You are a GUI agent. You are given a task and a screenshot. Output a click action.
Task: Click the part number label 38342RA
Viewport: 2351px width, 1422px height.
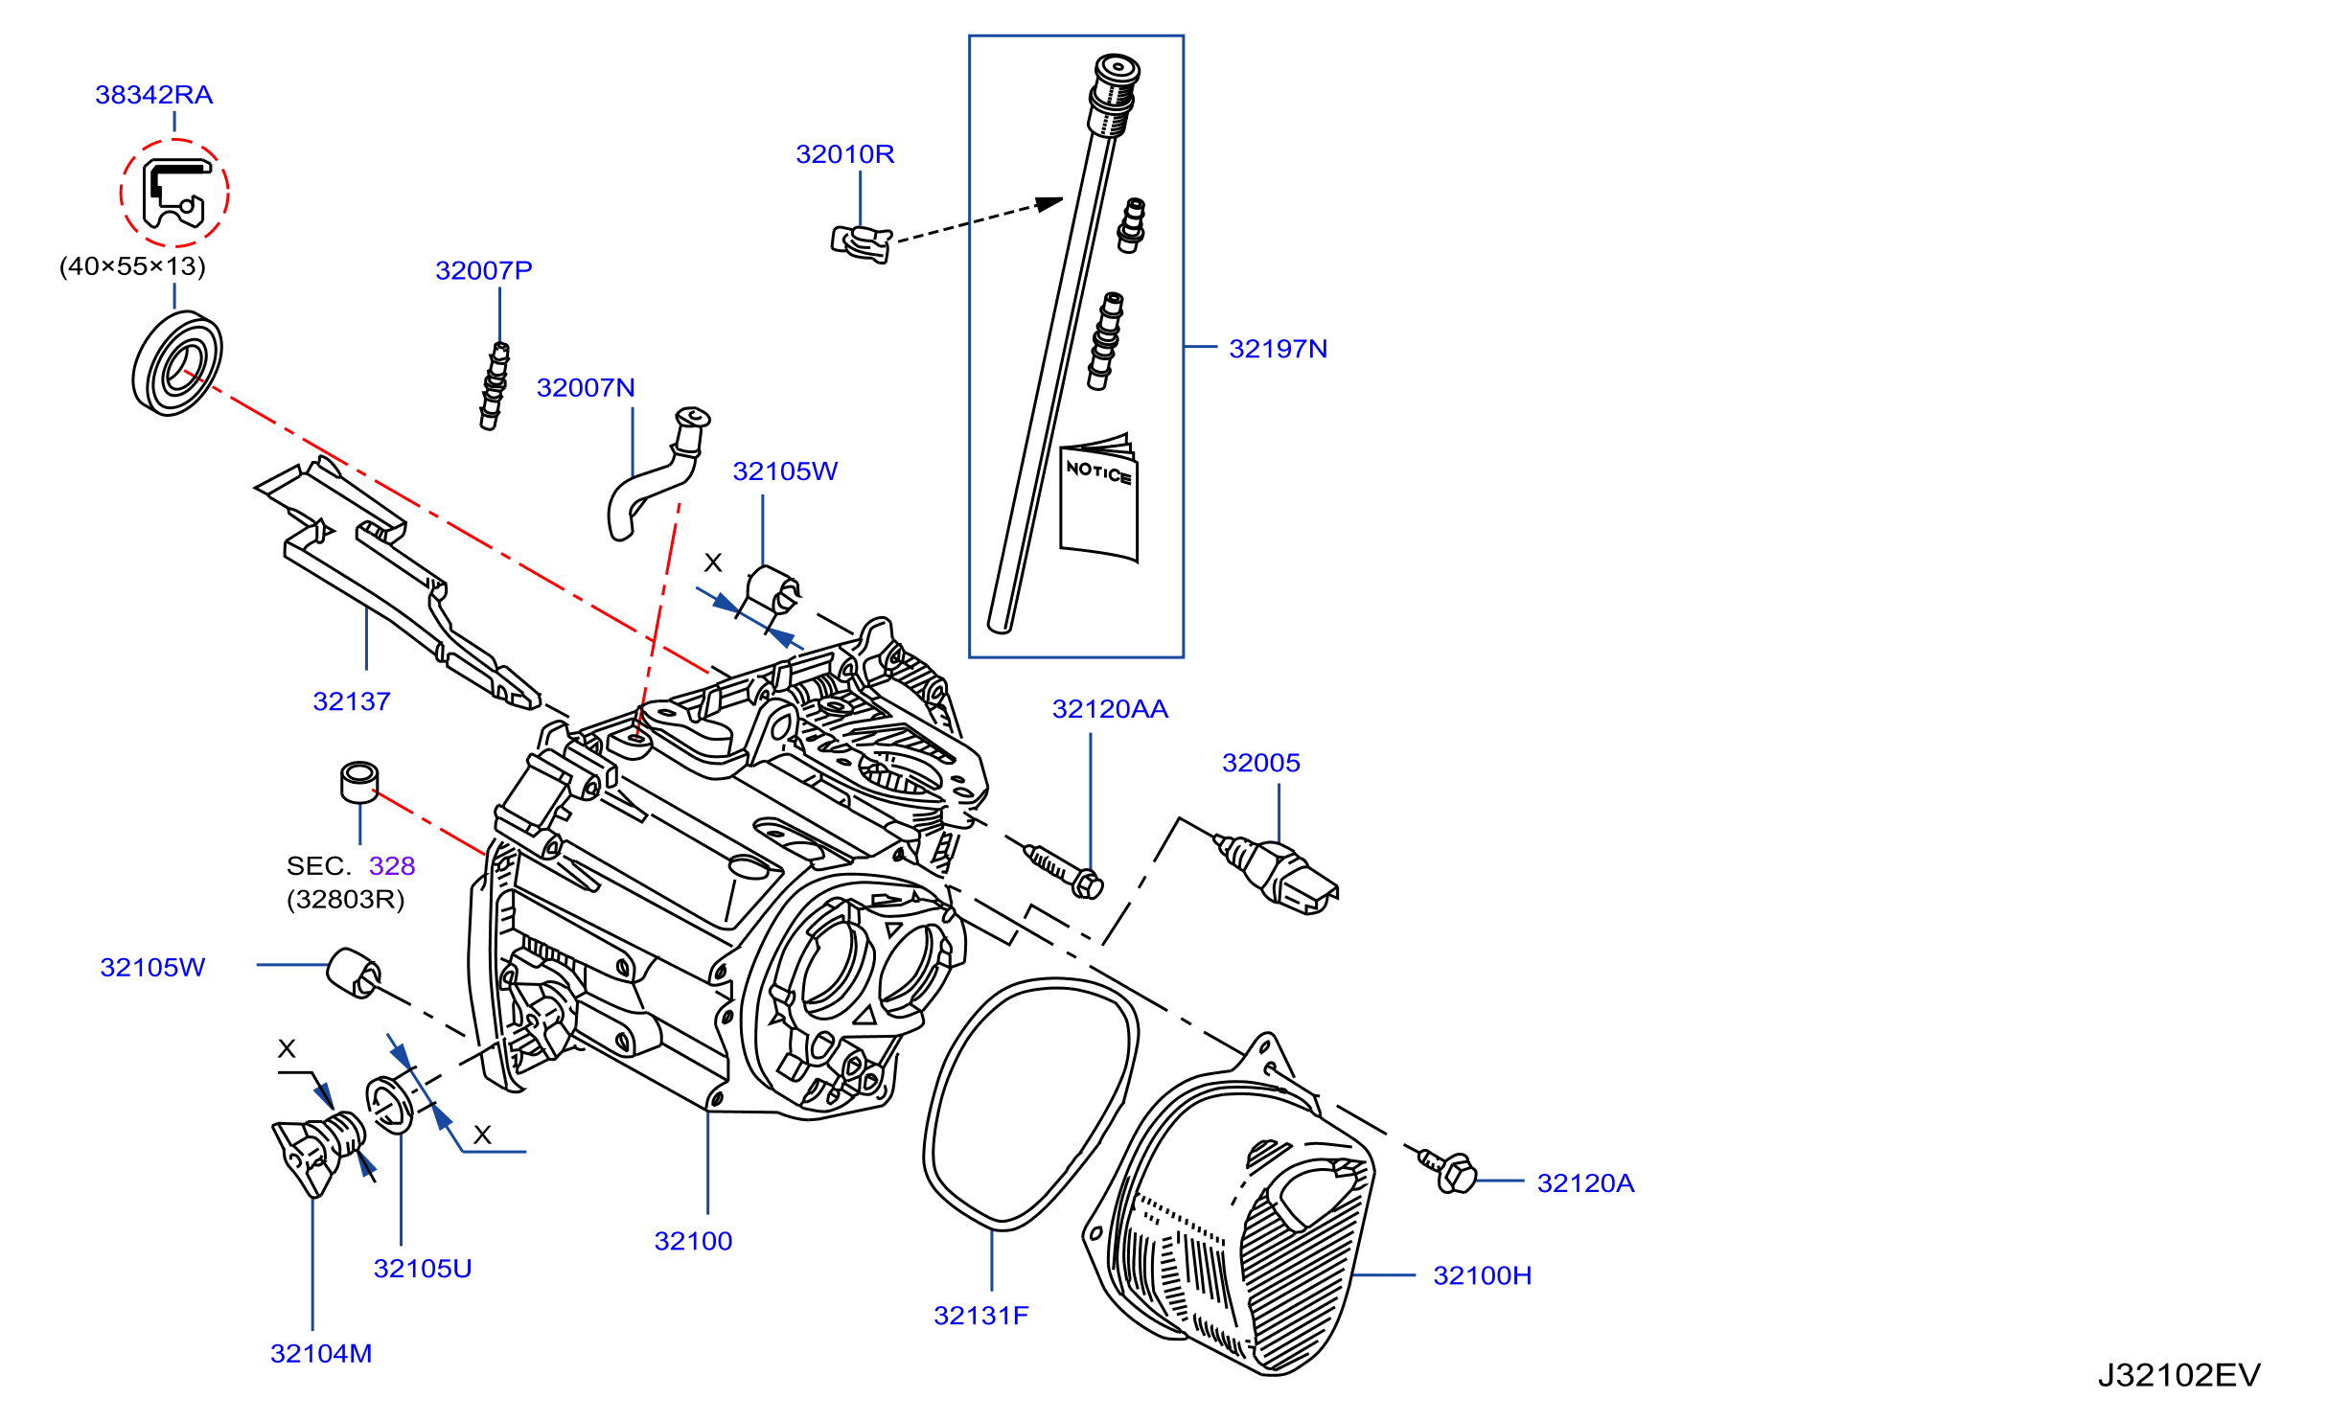(153, 95)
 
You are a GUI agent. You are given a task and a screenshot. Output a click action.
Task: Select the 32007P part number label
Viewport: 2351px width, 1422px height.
(484, 270)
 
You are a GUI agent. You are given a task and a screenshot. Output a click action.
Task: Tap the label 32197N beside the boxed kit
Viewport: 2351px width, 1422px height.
(1278, 349)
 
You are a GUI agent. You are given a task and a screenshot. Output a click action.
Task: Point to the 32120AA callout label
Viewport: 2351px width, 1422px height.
(1110, 709)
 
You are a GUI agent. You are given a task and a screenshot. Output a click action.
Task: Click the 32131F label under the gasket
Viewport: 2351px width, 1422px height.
(980, 1316)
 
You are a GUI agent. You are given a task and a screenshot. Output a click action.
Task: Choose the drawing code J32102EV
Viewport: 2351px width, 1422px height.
(2178, 1376)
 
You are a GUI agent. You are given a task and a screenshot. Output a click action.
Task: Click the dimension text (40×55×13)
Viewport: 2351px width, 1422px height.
(132, 266)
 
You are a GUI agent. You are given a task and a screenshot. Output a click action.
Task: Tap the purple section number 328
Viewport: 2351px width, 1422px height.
(392, 866)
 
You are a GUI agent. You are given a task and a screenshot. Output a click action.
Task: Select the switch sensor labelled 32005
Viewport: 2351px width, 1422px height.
(1276, 873)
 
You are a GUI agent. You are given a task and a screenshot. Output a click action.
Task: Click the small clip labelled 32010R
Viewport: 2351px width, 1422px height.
(861, 242)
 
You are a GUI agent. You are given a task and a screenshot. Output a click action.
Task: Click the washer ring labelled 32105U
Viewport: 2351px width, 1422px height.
(390, 1104)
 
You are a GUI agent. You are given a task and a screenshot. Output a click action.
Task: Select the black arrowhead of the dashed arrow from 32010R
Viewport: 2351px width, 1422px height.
(1050, 204)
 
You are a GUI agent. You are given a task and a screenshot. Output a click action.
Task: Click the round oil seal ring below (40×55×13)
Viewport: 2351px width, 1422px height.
(177, 362)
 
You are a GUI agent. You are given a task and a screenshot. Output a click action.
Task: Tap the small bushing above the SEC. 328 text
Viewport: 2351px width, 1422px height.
(359, 782)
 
